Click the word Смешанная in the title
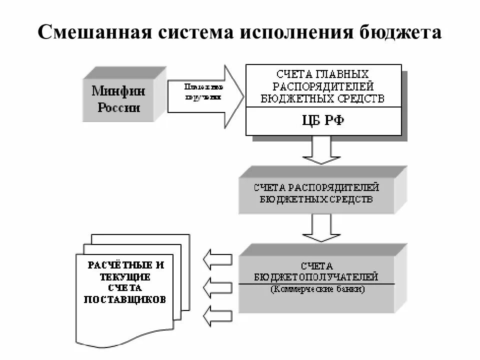(x=93, y=33)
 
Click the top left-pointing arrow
(x=217, y=258)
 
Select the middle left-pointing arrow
(x=217, y=286)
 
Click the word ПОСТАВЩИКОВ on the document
(x=125, y=299)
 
